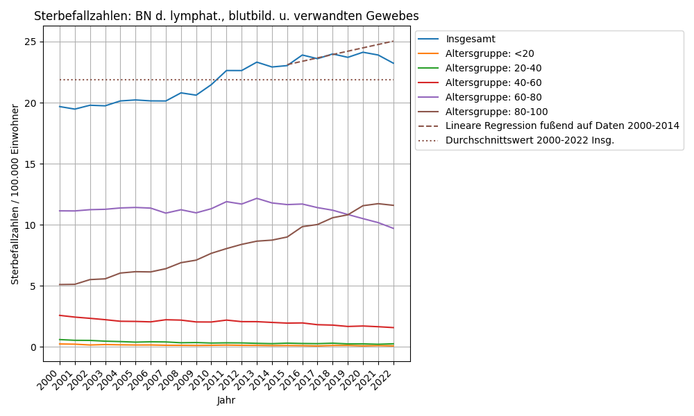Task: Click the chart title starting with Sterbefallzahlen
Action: [x=226, y=16]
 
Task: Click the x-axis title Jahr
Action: [x=226, y=400]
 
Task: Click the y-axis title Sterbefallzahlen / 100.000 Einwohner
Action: [x=15, y=194]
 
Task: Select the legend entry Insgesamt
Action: [x=471, y=39]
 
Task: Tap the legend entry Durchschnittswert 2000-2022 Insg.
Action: [x=530, y=140]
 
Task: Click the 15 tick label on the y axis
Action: [x=30, y=164]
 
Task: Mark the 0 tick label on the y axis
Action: [x=33, y=347]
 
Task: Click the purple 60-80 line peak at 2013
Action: [x=257, y=198]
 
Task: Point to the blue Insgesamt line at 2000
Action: [x=60, y=107]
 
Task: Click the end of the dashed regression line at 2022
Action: [x=393, y=41]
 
